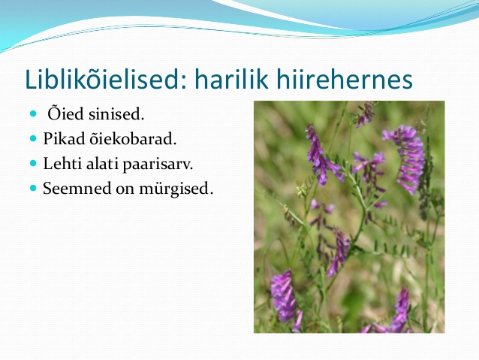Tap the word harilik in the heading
(x=231, y=79)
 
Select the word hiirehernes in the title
(x=345, y=79)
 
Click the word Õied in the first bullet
(x=65, y=113)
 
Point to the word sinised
(x=116, y=113)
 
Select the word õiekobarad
(x=133, y=138)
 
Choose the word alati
(x=102, y=163)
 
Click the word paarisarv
(x=158, y=165)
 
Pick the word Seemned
(x=77, y=188)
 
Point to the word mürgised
(x=176, y=189)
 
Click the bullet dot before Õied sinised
(x=33, y=114)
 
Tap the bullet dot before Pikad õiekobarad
(x=33, y=138)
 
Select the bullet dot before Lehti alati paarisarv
(x=33, y=163)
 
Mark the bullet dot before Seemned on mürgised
(x=33, y=188)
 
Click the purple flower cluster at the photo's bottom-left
(x=285, y=298)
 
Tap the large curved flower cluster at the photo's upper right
(x=408, y=158)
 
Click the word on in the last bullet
(x=125, y=189)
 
